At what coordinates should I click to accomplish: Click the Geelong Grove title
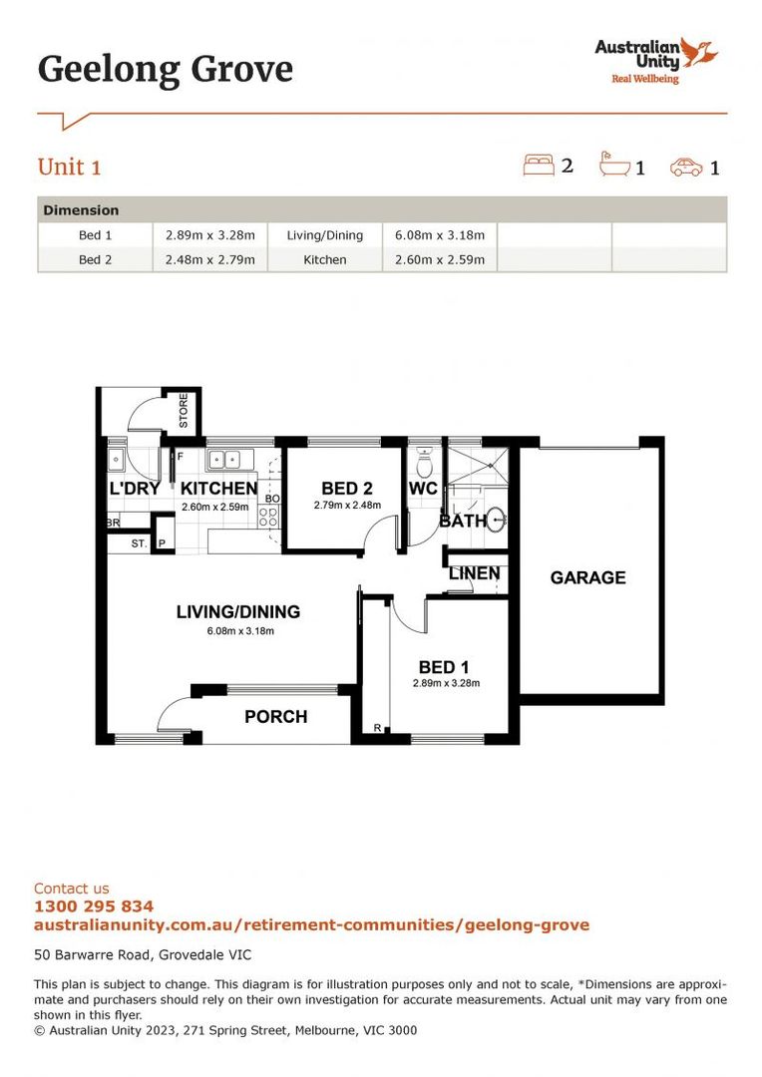(x=166, y=70)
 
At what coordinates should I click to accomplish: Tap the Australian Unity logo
(x=656, y=60)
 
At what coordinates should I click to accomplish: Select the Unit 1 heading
(x=70, y=167)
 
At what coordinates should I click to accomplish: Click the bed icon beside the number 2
(x=539, y=165)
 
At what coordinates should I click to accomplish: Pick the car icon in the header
(x=687, y=167)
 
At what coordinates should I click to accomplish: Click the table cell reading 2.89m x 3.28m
(x=210, y=235)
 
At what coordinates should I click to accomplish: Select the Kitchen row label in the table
(x=325, y=259)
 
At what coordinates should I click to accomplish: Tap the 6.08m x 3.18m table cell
(x=440, y=235)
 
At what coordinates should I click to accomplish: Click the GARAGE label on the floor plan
(x=587, y=577)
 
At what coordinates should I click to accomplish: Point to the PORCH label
(x=276, y=716)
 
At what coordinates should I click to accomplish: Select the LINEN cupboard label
(x=475, y=574)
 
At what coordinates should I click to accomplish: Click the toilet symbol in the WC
(x=424, y=463)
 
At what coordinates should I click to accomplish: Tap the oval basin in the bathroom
(x=497, y=520)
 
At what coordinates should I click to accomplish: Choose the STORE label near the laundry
(x=183, y=411)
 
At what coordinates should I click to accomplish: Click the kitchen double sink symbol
(x=224, y=460)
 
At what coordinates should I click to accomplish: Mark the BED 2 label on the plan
(x=346, y=489)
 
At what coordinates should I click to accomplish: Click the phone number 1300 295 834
(x=94, y=906)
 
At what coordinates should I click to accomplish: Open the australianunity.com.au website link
(x=311, y=925)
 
